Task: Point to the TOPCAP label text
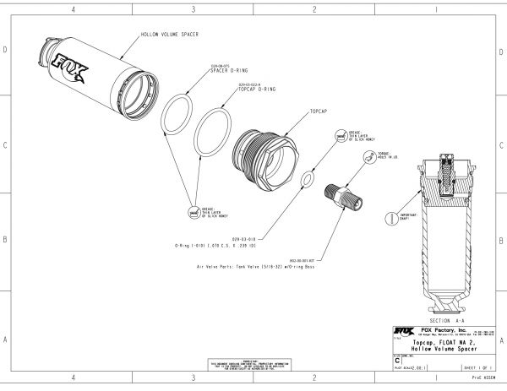[319, 110]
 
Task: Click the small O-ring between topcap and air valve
[309, 179]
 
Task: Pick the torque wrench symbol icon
[369, 157]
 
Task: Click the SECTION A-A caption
[445, 322]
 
